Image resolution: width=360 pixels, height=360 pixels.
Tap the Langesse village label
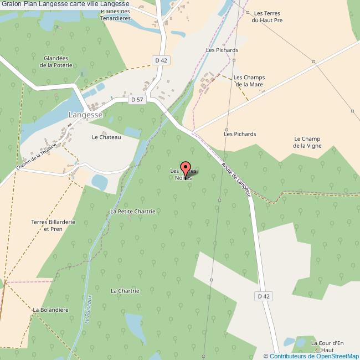[x=85, y=115]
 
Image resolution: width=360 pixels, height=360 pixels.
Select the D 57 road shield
[x=136, y=100]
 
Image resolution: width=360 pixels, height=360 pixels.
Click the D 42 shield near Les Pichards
[x=161, y=60]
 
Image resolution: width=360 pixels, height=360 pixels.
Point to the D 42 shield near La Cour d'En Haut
[x=264, y=296]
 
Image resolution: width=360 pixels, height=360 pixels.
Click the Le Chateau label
[x=106, y=137]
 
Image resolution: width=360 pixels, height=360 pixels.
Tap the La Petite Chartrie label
[x=132, y=212]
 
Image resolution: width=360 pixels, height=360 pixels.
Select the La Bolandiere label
[x=50, y=310]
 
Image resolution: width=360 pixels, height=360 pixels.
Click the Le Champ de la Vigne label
[x=307, y=142]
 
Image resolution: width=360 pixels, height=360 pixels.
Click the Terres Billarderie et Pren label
[x=53, y=225]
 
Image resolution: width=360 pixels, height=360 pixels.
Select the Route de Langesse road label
[x=236, y=179]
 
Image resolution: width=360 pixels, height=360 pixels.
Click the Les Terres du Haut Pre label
[x=267, y=17]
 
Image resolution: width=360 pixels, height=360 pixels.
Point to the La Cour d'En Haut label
[x=327, y=347]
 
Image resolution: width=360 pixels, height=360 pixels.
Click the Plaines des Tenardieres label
[x=115, y=14]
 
